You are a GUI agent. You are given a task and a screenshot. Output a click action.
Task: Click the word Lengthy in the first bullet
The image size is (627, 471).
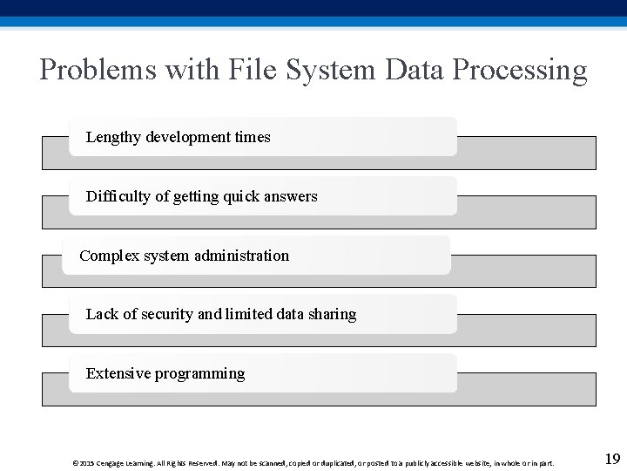pyautogui.click(x=113, y=137)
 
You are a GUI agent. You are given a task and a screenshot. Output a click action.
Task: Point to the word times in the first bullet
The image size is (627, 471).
pyautogui.click(x=253, y=137)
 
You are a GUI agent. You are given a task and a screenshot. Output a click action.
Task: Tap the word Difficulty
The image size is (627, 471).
pyautogui.click(x=118, y=196)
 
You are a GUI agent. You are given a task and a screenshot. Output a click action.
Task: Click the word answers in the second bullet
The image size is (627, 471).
pyautogui.click(x=291, y=196)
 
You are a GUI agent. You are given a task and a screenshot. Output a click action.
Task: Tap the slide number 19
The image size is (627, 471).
pyautogui.click(x=612, y=459)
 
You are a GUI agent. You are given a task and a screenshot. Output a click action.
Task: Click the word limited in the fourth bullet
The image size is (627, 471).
pyautogui.click(x=248, y=314)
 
